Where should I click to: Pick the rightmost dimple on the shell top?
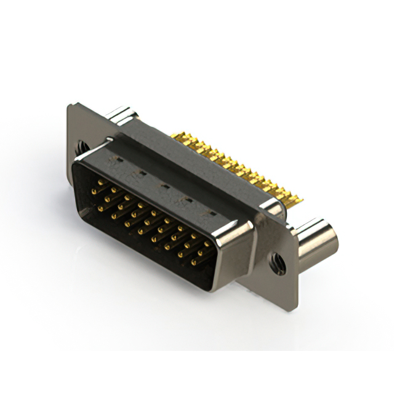tap(212, 212)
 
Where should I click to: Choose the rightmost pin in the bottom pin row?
tap(193, 263)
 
